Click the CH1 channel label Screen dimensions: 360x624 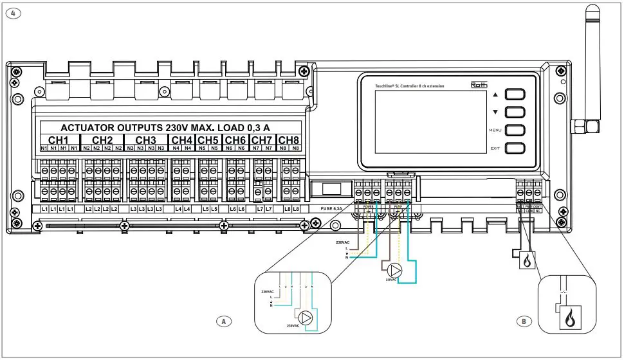(59, 139)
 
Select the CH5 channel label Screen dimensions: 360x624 (207, 139)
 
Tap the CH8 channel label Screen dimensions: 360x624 (288, 139)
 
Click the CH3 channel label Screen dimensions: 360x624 (145, 139)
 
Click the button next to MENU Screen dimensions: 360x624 (515, 130)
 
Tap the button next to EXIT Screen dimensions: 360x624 (515, 148)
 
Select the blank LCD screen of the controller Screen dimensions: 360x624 (421, 121)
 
